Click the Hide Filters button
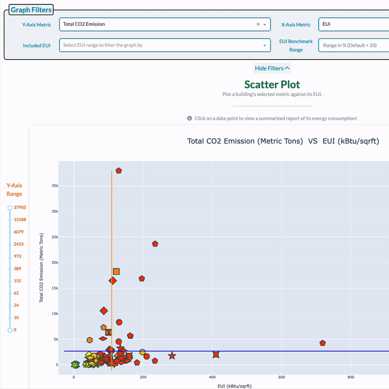272,68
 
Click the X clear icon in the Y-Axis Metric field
258,24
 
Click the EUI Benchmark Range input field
353,45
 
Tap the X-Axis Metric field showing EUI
353,24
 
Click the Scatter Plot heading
272,84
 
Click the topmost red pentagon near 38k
118,171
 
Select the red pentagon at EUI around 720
322,343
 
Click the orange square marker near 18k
116,272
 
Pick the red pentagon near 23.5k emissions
155,244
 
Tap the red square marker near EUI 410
216,354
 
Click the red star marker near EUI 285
172,356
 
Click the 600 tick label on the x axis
281,377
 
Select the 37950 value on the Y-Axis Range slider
20,208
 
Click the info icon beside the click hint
190,118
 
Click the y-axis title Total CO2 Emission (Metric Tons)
42,267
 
